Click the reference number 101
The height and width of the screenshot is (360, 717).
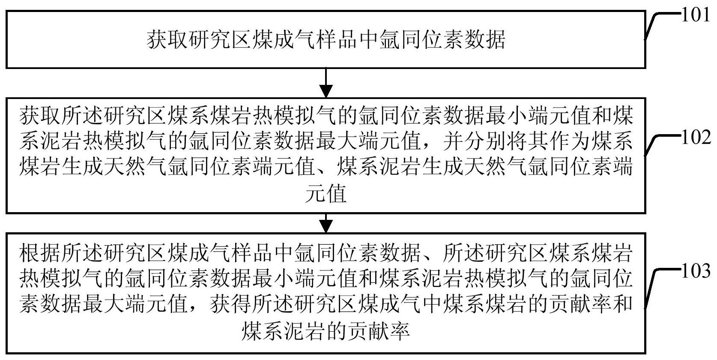click(695, 15)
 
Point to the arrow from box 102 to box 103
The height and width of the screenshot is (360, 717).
click(326, 223)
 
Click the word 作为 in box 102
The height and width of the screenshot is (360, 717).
click(569, 141)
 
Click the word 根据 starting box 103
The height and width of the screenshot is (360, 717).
click(40, 253)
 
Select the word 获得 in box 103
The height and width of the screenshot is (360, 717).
click(231, 304)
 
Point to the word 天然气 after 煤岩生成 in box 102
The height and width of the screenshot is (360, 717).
click(135, 167)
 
